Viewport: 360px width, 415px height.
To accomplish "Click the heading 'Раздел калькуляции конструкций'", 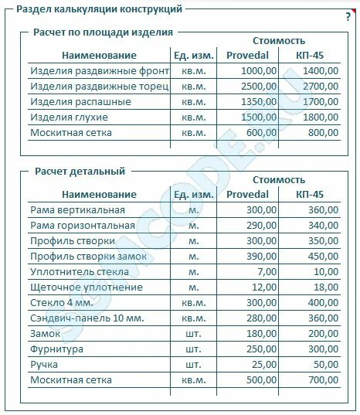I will point(99,9).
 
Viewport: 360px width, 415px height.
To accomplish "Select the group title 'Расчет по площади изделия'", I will point(103,32).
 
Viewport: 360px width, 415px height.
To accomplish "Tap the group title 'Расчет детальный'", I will point(79,172).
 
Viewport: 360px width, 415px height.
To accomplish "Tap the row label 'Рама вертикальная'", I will point(77,210).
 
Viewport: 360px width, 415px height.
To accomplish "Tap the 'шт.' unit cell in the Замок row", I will point(193,334).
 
